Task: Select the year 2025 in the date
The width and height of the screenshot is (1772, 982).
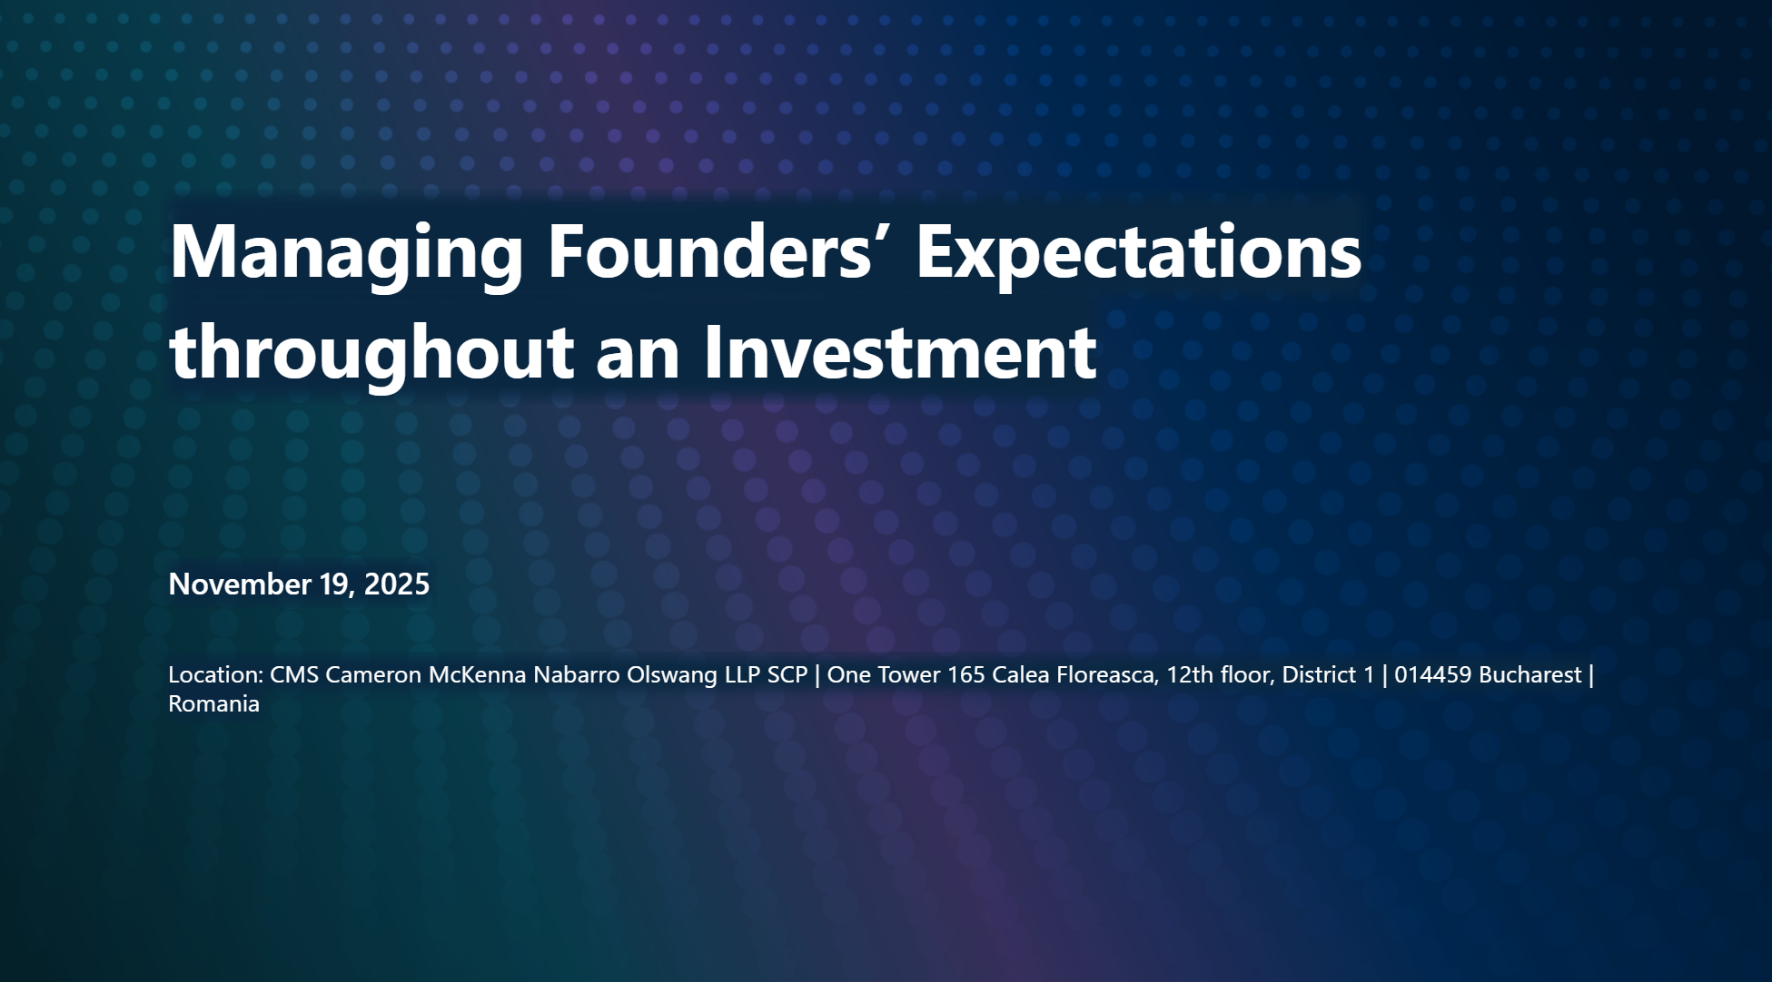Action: coord(396,584)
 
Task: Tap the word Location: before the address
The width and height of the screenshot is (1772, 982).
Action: coord(215,674)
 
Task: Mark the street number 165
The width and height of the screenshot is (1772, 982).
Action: coord(966,674)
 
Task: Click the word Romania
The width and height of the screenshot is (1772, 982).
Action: coord(214,703)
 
